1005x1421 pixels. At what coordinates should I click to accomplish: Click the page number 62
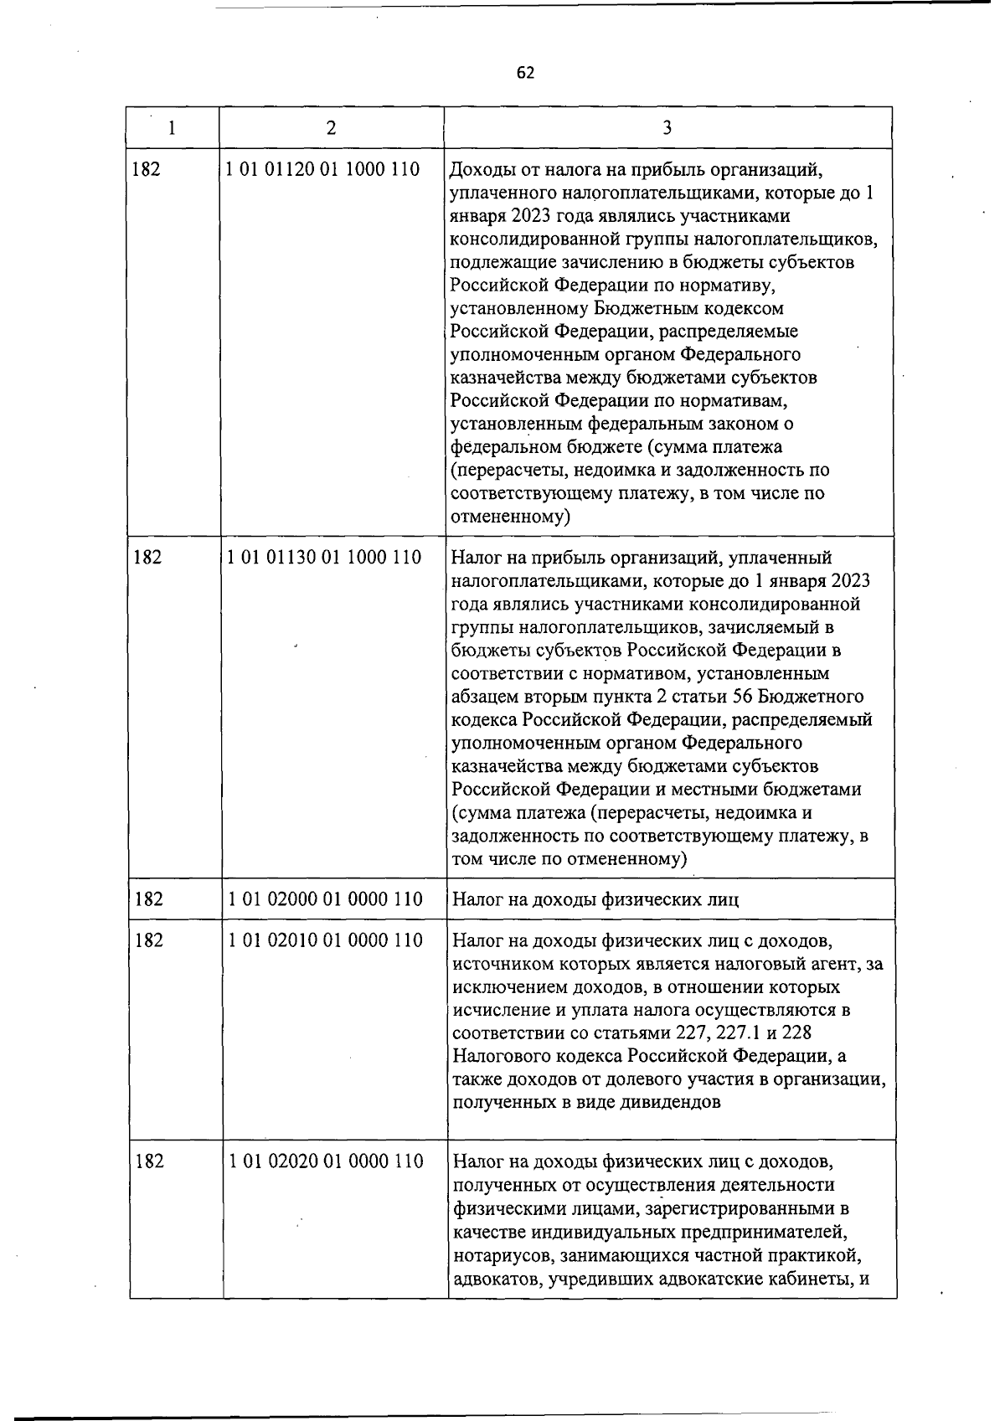coord(525,73)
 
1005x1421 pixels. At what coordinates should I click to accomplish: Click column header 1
coord(172,128)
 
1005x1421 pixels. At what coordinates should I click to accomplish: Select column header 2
coord(332,128)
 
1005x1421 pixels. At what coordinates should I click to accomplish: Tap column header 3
coord(667,128)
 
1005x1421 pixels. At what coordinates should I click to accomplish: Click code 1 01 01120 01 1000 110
coord(322,170)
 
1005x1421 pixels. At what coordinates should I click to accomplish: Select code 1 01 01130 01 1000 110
coord(323,557)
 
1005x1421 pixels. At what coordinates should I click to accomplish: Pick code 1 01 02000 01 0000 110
coord(325,899)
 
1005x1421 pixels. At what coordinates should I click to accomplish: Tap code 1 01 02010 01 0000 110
coord(325,940)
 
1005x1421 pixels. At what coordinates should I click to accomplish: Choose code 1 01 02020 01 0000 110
coord(325,1161)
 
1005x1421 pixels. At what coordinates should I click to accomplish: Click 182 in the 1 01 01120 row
coord(146,170)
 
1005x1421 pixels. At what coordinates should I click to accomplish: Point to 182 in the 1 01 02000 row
coord(148,899)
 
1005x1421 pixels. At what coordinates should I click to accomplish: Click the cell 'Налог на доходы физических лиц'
coord(595,900)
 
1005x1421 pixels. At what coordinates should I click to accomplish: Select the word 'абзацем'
coord(484,697)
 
